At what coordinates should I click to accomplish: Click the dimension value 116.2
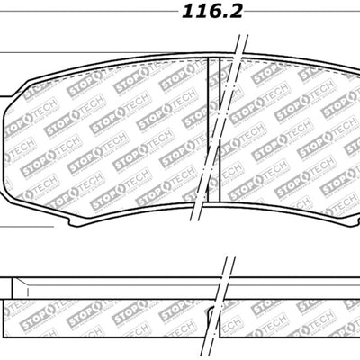pos(180,13)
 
